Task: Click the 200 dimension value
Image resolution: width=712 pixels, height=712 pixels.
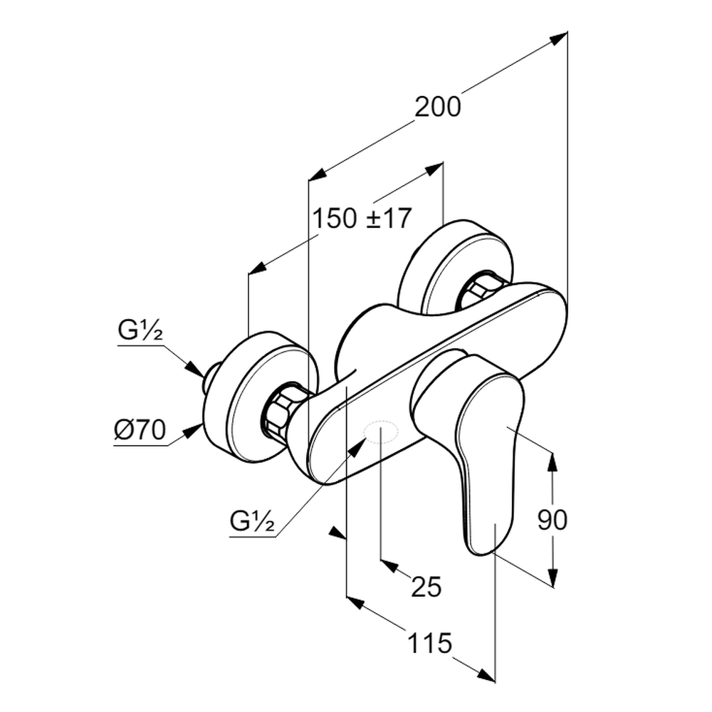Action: (438, 107)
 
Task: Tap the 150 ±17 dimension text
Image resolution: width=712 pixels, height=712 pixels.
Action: (362, 219)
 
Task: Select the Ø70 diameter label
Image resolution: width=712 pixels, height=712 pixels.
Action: (140, 430)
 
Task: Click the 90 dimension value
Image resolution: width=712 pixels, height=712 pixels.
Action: (552, 520)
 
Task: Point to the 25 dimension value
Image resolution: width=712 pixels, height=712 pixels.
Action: (426, 587)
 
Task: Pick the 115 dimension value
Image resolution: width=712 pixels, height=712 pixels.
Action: (430, 644)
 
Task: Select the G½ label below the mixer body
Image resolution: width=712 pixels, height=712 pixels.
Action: (253, 522)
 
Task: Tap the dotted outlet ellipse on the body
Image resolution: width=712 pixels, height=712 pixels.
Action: (380, 431)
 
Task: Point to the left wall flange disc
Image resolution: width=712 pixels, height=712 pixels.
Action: (246, 399)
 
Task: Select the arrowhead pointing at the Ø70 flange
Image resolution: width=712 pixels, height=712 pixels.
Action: (193, 429)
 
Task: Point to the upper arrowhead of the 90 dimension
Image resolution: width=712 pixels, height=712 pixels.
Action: (553, 462)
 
